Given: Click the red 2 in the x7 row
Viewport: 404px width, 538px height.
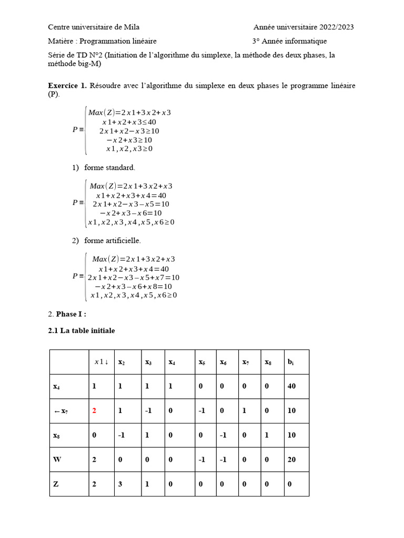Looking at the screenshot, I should (95, 411).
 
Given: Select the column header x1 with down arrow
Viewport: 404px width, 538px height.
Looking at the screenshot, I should (101, 362).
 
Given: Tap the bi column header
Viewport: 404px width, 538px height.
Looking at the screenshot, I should (291, 362).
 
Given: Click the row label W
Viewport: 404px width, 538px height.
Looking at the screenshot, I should (57, 460).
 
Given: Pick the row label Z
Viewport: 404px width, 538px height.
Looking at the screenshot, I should (56, 484).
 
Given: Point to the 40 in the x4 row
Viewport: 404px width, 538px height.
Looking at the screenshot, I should (291, 386).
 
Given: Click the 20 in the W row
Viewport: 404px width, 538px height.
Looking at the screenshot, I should (291, 460).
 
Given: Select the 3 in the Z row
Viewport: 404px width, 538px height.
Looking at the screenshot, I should (120, 484).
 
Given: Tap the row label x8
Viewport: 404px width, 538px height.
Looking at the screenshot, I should (56, 436).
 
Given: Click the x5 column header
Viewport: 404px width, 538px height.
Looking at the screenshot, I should (202, 362).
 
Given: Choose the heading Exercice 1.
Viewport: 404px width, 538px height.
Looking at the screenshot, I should (67, 86).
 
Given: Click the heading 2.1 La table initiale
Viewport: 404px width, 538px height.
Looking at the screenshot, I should (81, 330).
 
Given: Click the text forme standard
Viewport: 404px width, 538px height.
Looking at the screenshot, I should (109, 168).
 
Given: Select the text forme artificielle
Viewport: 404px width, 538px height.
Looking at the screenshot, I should (112, 241).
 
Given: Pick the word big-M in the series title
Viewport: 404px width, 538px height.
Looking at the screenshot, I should (89, 64).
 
